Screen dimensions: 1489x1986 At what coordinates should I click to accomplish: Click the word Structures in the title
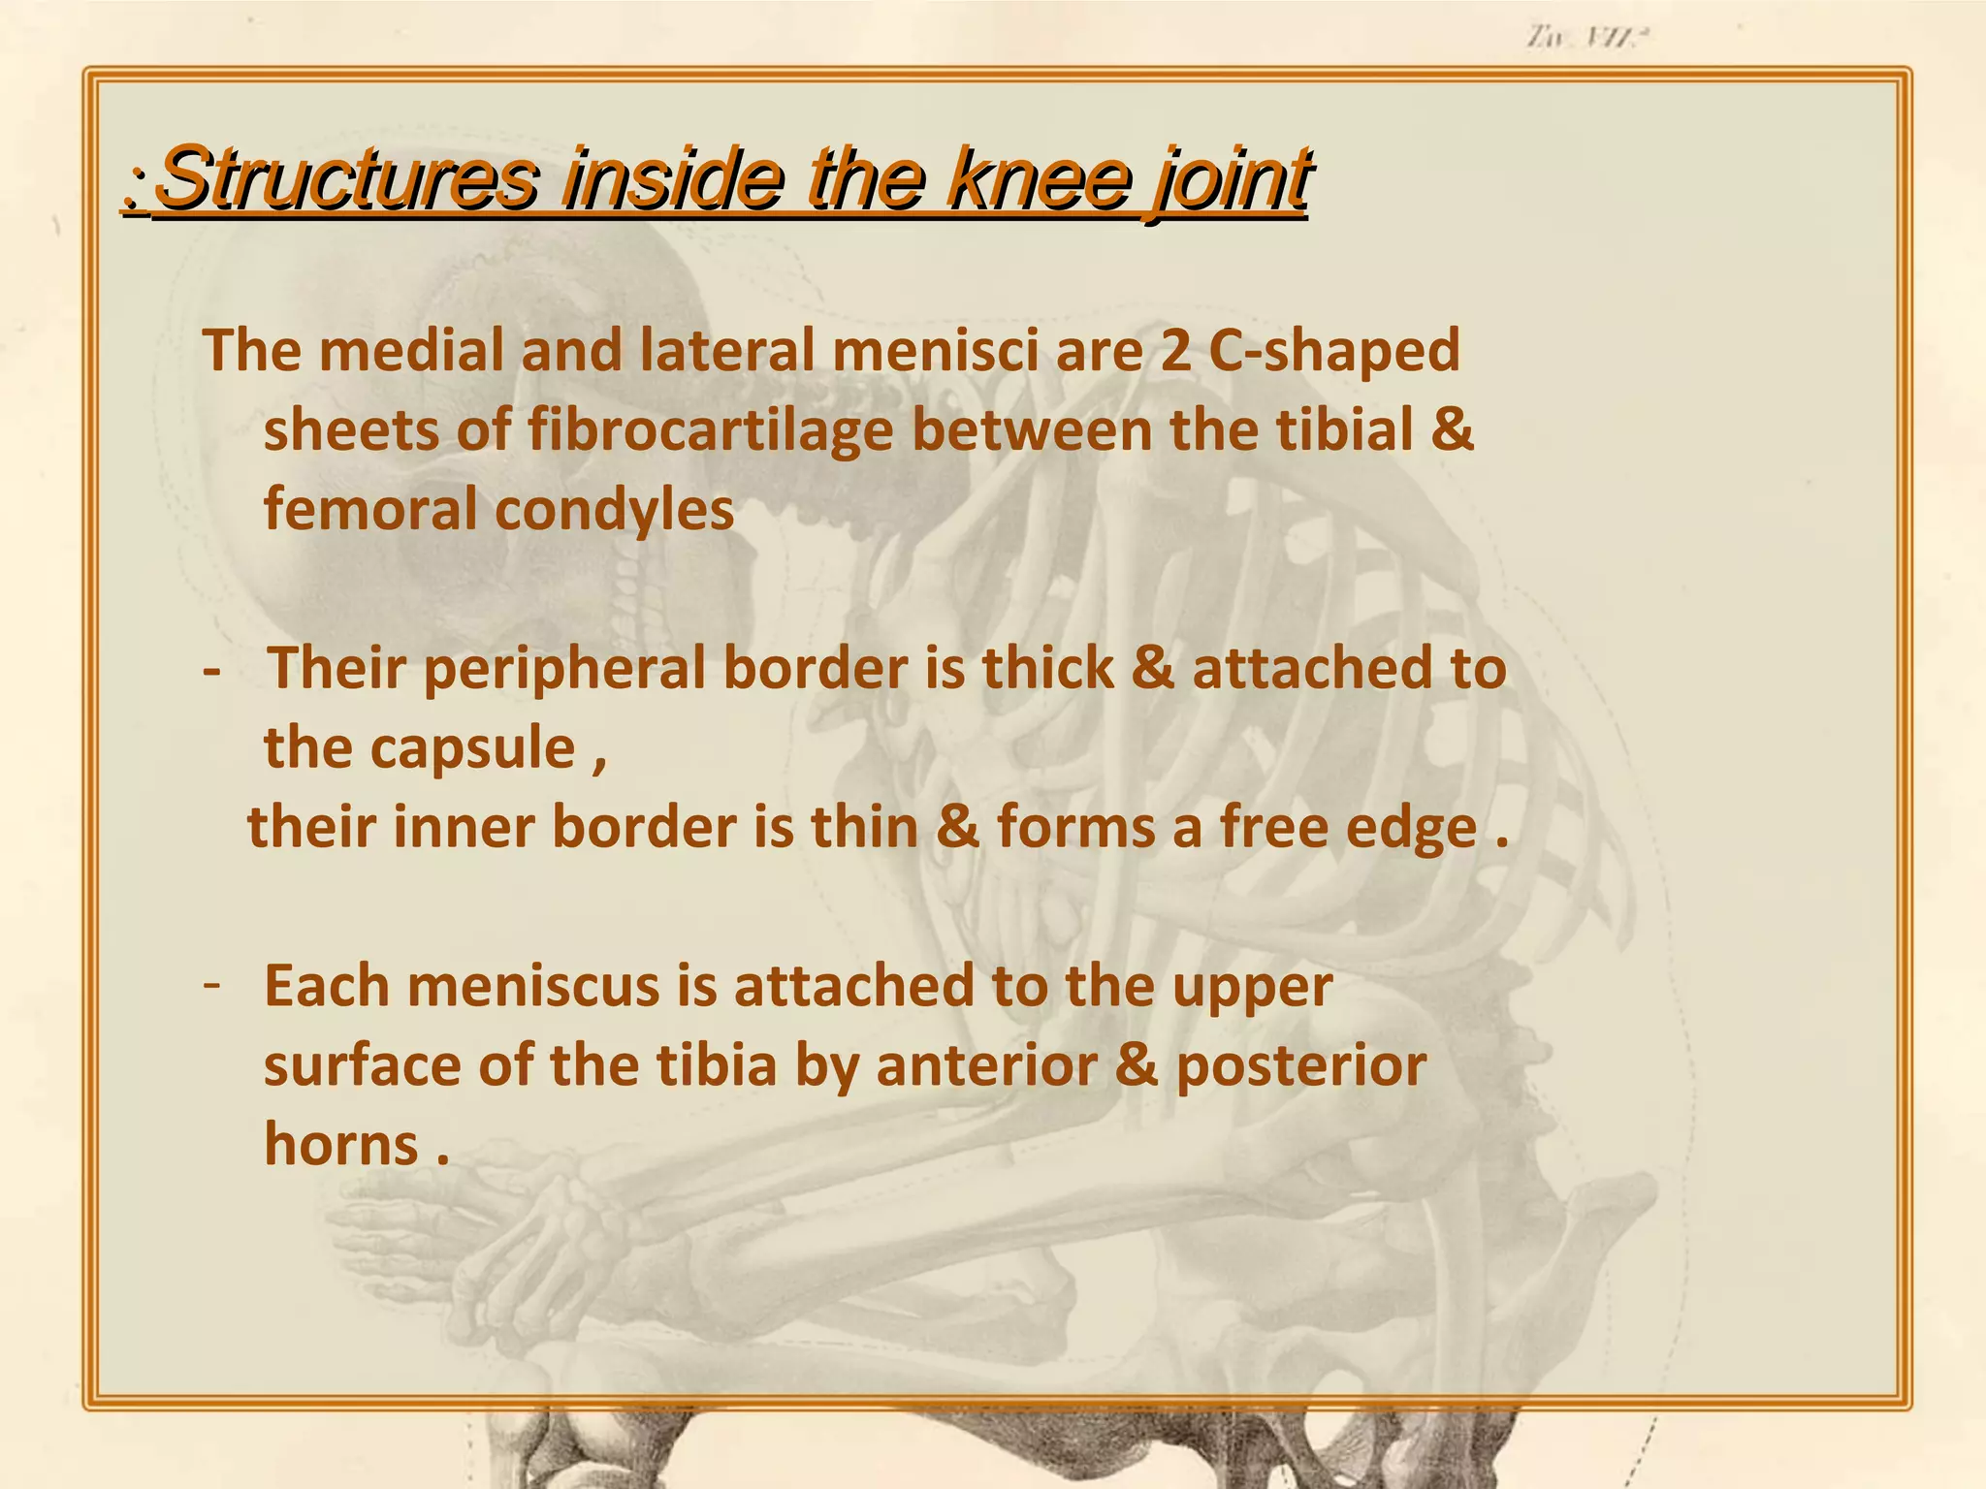pyautogui.click(x=345, y=178)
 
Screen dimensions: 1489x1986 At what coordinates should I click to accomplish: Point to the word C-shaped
pyautogui.click(x=1334, y=352)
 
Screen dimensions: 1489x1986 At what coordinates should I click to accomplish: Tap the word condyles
pyautogui.click(x=615, y=511)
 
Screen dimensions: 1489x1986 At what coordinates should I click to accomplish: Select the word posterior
pyautogui.click(x=1300, y=1067)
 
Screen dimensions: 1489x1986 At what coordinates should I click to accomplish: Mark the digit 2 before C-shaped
pyautogui.click(x=1174, y=351)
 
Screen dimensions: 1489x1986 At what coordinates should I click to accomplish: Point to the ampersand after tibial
pyautogui.click(x=1452, y=429)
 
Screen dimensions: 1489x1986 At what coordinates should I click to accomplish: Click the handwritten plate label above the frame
pyautogui.click(x=1586, y=38)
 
